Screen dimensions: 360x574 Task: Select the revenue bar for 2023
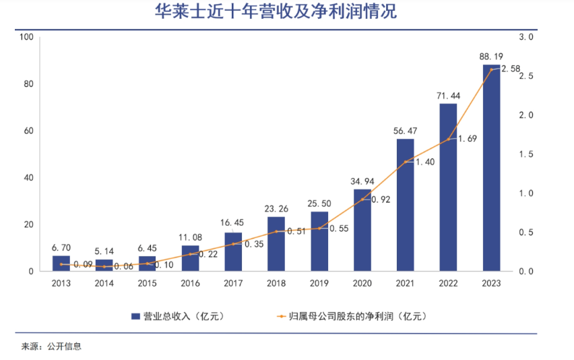491,168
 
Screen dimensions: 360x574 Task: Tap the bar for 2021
405,205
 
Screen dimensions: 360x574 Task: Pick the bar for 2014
104,265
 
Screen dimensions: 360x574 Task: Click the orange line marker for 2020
362,200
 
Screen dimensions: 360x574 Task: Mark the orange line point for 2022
448,140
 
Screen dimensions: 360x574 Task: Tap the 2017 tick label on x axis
233,283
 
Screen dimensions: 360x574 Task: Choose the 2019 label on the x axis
319,283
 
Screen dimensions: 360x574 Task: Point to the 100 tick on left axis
28,37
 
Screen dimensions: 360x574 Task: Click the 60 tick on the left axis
30,131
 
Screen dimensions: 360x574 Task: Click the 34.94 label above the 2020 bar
362,181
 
